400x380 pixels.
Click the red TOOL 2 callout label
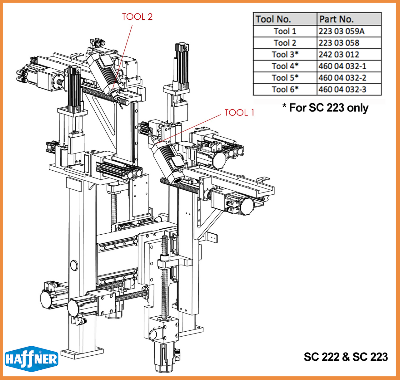click(137, 17)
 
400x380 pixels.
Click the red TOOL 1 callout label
click(239, 113)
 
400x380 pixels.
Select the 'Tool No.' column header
click(273, 19)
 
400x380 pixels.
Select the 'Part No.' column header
click(336, 19)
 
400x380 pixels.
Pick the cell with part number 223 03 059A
click(341, 31)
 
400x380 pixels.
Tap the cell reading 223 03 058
click(339, 43)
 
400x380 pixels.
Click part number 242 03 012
click(339, 55)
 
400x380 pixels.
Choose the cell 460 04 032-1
click(342, 66)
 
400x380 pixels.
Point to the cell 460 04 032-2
click(342, 78)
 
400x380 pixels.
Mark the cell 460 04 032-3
click(342, 90)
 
